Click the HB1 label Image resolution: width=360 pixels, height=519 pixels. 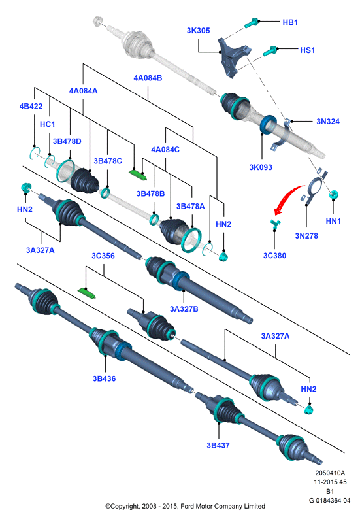(x=290, y=22)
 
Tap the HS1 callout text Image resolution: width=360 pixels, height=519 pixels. (x=307, y=50)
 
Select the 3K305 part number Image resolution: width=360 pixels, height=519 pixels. (x=198, y=31)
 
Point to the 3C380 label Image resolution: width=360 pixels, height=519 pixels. (x=274, y=255)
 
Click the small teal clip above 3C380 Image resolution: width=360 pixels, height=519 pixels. (x=275, y=224)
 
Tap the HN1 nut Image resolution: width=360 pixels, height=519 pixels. (x=333, y=195)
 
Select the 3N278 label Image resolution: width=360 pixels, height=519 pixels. (x=306, y=236)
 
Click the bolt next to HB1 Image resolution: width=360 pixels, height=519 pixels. (x=252, y=23)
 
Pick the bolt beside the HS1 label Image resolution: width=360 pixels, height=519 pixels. (x=270, y=51)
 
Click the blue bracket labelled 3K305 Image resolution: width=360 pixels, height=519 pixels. (x=235, y=58)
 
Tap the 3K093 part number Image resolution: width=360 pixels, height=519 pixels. (x=261, y=167)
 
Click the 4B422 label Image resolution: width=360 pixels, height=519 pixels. (x=31, y=106)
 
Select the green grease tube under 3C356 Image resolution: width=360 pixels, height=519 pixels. (x=87, y=293)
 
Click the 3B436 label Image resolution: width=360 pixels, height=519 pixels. (x=105, y=378)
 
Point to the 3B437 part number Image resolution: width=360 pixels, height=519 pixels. (x=218, y=445)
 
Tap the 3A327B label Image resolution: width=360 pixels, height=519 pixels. (x=184, y=309)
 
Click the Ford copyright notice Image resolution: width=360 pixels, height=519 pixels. (x=186, y=506)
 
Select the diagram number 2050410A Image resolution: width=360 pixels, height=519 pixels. (x=330, y=473)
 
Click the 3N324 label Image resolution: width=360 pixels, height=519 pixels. (x=328, y=121)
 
